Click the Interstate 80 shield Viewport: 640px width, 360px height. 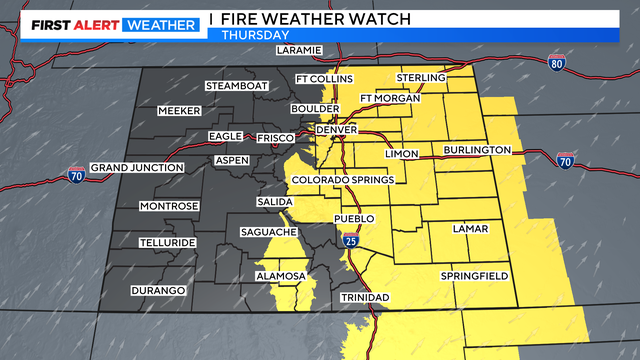click(x=557, y=62)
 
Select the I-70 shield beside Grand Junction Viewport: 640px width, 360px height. click(x=76, y=173)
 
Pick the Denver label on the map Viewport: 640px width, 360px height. click(x=336, y=131)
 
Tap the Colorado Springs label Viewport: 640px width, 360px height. click(x=342, y=180)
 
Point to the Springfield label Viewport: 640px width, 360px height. click(x=474, y=275)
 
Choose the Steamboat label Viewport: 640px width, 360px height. click(x=237, y=86)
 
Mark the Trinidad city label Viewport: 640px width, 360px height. click(x=365, y=298)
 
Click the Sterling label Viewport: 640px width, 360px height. click(x=420, y=77)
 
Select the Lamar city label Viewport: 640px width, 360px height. click(x=469, y=229)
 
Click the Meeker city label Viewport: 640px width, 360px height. click(x=180, y=111)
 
